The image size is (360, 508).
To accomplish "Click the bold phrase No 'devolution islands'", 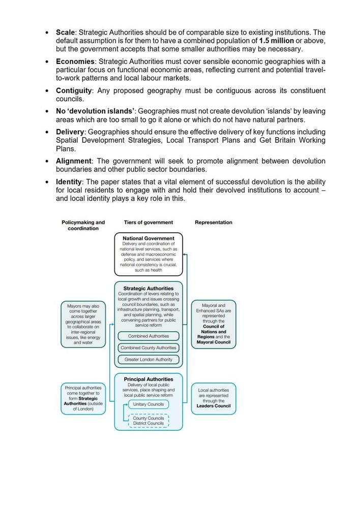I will pyautogui.click(x=95, y=111).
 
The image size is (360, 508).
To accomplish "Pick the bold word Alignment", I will pyautogui.click(x=74, y=161).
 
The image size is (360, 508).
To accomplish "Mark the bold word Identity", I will pyautogui.click(x=69, y=181).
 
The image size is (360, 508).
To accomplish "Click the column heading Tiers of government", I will pyautogui.click(x=148, y=222).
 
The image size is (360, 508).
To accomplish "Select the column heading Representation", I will pyautogui.click(x=214, y=222).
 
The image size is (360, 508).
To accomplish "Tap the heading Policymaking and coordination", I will pyautogui.click(x=83, y=225).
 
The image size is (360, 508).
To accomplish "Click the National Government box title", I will pyautogui.click(x=148, y=238).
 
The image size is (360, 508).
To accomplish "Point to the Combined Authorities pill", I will pyautogui.click(x=148, y=336).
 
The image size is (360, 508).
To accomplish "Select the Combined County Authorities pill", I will pyautogui.click(x=148, y=348).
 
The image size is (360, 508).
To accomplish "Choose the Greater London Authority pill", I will pyautogui.click(x=148, y=360).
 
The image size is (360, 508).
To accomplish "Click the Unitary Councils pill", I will pyautogui.click(x=148, y=404).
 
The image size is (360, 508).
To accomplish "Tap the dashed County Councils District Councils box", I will pyautogui.click(x=148, y=421).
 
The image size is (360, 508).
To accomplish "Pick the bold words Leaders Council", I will pyautogui.click(x=214, y=406).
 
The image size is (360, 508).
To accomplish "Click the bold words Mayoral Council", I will pyautogui.click(x=214, y=342).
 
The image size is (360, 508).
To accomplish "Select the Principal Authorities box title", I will pyautogui.click(x=148, y=379).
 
